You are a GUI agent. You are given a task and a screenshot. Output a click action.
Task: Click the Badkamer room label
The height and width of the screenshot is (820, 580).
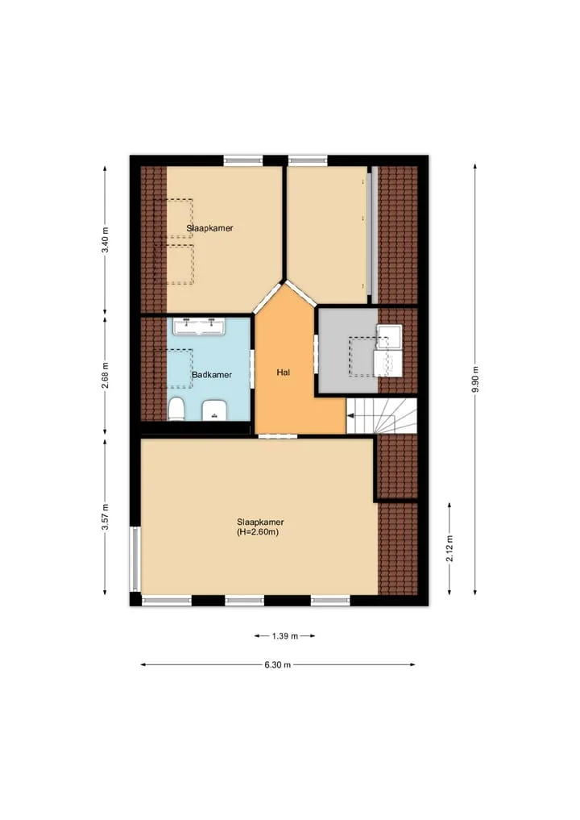(x=212, y=375)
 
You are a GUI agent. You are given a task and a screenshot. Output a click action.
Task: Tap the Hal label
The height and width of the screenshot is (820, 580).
(x=284, y=373)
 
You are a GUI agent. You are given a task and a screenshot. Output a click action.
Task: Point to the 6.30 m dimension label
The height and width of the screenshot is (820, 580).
(x=277, y=665)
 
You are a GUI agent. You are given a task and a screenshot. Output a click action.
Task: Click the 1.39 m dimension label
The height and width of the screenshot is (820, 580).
(x=285, y=636)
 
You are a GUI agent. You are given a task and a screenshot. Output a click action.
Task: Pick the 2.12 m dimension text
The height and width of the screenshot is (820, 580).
(x=449, y=548)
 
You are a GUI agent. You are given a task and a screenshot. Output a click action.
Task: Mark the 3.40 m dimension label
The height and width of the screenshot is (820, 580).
(x=105, y=239)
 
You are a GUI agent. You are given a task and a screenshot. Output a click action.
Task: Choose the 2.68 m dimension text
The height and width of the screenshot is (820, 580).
(x=105, y=376)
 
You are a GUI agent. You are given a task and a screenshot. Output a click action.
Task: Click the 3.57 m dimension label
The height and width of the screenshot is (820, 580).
(x=105, y=517)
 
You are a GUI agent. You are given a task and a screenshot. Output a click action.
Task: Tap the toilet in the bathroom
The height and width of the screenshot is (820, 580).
(x=176, y=409)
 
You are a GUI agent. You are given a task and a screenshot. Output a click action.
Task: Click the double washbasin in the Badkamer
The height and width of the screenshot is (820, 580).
(x=198, y=327)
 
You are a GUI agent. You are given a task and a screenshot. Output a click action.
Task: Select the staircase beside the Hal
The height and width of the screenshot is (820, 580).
(x=382, y=416)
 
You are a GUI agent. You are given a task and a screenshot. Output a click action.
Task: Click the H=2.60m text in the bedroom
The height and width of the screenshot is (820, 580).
(x=258, y=532)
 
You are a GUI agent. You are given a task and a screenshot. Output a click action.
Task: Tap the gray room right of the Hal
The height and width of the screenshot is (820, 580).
(x=348, y=350)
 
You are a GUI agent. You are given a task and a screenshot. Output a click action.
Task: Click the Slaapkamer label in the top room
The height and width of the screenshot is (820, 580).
(x=209, y=228)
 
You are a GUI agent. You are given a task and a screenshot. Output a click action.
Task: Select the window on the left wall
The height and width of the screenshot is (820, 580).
(x=135, y=559)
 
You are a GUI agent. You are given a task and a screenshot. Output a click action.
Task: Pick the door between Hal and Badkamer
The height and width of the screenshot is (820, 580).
(x=252, y=368)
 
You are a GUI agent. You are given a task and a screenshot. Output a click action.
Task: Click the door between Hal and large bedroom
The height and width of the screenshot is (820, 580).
(x=278, y=436)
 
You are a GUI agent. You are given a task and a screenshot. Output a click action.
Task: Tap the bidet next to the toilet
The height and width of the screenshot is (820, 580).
(x=213, y=410)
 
